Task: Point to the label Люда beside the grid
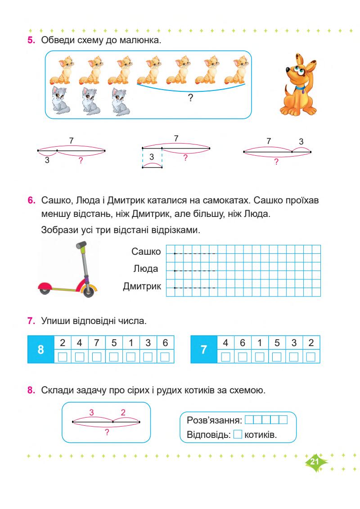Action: pos(146,269)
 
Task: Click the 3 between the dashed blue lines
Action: pos(152,157)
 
